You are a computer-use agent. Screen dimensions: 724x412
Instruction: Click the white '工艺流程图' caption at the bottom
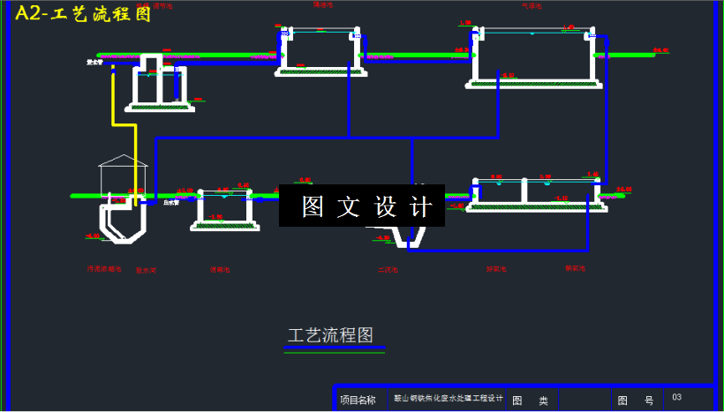pyautogui.click(x=330, y=335)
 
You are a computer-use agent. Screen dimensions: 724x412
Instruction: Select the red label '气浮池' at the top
pyautogui.click(x=531, y=5)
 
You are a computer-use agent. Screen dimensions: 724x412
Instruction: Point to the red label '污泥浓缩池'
pyautogui.click(x=103, y=268)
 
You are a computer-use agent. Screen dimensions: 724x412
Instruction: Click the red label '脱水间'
pyautogui.click(x=146, y=270)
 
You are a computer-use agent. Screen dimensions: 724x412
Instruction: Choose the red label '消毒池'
pyautogui.click(x=219, y=269)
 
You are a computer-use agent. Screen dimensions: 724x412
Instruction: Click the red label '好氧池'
pyautogui.click(x=496, y=268)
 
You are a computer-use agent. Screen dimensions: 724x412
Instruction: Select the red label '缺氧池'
pyautogui.click(x=576, y=267)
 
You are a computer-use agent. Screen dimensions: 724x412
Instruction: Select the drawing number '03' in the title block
pyautogui.click(x=676, y=398)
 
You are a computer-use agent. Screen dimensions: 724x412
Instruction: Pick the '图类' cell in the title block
pyautogui.click(x=531, y=401)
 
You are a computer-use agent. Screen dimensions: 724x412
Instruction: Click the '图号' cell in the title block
pyautogui.click(x=636, y=401)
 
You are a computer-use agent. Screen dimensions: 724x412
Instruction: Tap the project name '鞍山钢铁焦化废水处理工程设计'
pyautogui.click(x=448, y=399)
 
